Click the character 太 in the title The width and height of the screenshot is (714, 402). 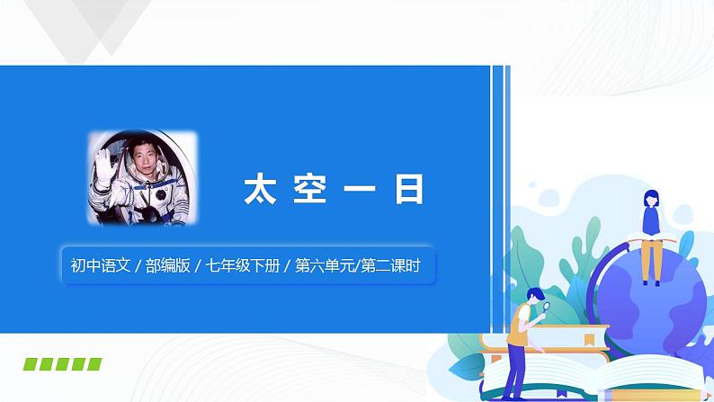(260, 190)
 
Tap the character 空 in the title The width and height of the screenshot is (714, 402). (309, 190)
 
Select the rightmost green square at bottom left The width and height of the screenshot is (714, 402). (93, 364)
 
